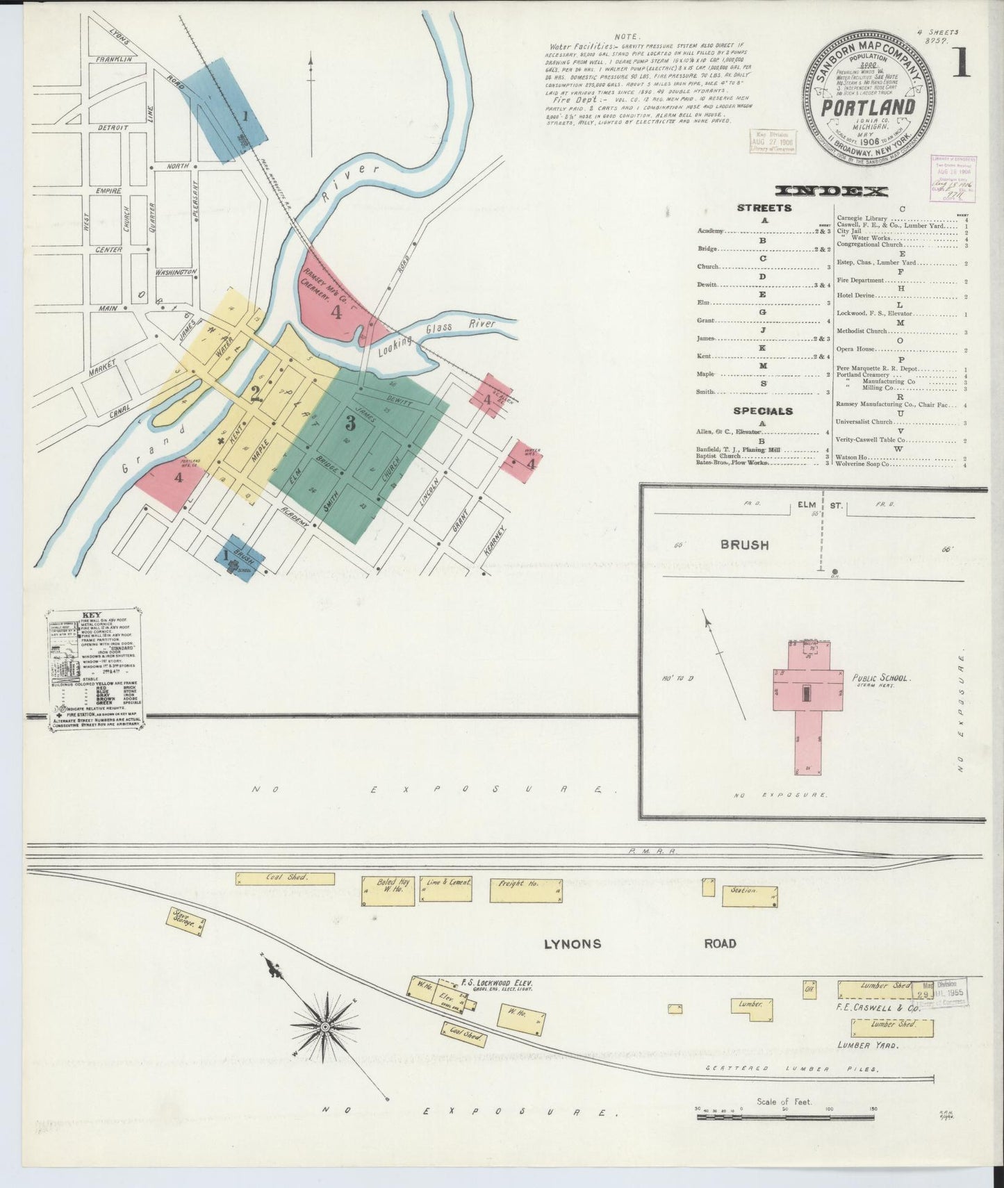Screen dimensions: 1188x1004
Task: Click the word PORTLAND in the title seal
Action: point(868,107)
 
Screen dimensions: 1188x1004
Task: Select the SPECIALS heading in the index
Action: point(764,411)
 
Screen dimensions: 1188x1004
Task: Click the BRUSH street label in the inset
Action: point(744,545)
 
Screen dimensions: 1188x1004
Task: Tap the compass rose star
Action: point(324,1025)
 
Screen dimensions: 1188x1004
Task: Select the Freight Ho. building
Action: point(525,889)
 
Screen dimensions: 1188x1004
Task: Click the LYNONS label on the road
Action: point(571,944)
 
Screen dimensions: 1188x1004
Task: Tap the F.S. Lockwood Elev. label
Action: point(496,983)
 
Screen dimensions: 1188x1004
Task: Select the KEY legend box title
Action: point(92,615)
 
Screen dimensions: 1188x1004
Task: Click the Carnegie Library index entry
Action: point(862,218)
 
